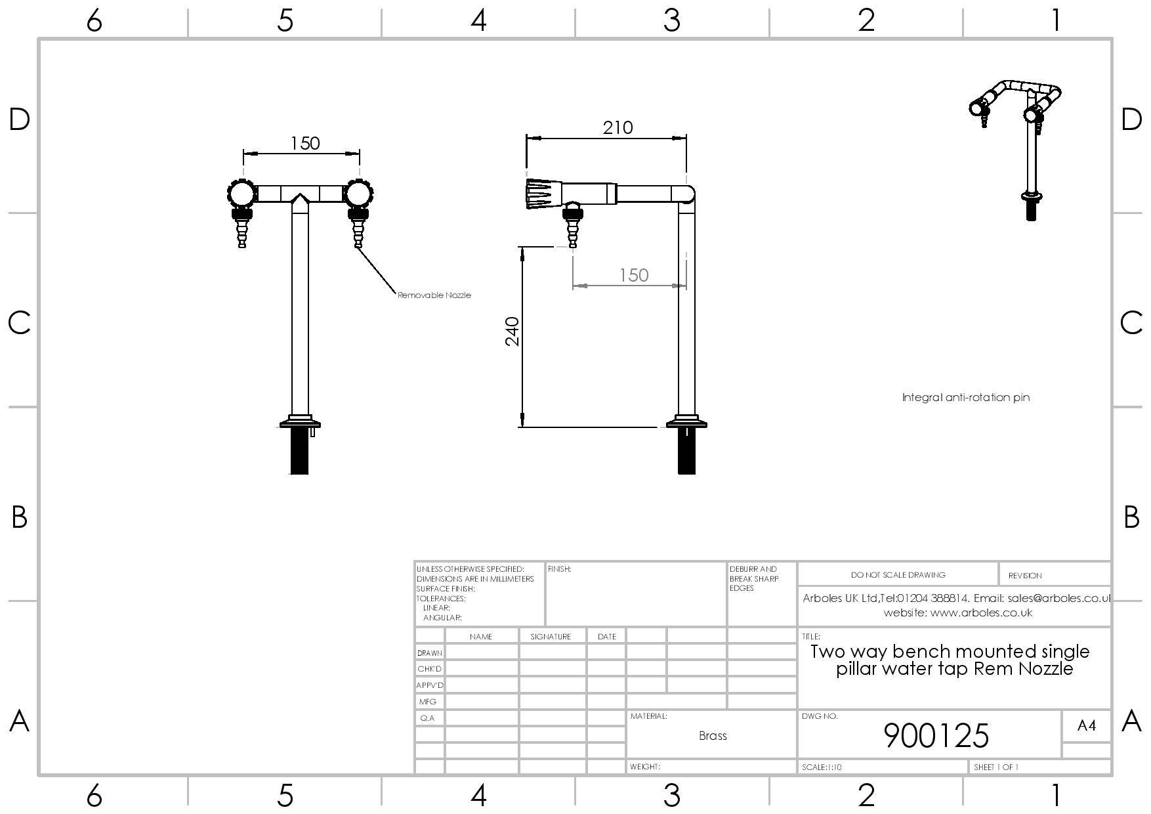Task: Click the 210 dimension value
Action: coord(617,127)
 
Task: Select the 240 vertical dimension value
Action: coord(513,332)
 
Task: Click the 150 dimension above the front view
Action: coord(305,143)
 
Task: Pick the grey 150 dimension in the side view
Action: coord(633,275)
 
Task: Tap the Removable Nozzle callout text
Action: coord(434,295)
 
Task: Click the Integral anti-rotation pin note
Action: coord(965,397)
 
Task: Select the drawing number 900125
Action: coord(936,735)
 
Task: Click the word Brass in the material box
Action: coord(713,736)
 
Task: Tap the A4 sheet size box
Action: coord(1086,725)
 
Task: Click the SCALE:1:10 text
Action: coord(822,767)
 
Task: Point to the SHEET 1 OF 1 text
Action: coord(996,767)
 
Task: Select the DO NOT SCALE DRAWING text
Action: coord(898,575)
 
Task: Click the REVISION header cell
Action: coord(1024,576)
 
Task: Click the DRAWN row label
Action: coord(430,653)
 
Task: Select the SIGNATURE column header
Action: coord(551,637)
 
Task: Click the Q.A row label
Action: coord(427,718)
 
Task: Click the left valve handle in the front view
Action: coord(241,194)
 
